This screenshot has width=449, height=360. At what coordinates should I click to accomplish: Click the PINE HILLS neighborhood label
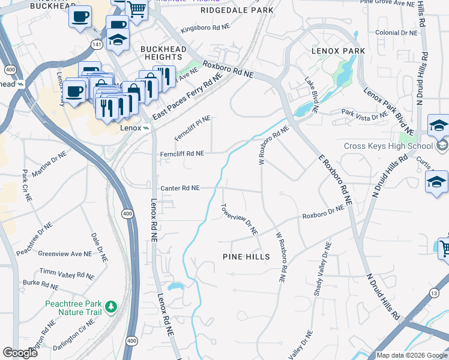[x=246, y=257]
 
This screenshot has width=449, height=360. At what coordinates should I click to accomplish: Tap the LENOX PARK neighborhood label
[x=338, y=51]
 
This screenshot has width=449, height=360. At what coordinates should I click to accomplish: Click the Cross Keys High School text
[x=388, y=146]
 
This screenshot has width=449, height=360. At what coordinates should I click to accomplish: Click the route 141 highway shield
[x=96, y=44]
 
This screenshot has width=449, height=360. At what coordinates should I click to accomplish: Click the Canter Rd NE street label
[x=179, y=188]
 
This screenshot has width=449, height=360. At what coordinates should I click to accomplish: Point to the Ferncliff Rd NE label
[x=182, y=154]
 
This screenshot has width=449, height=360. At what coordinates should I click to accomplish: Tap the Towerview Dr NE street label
[x=239, y=220]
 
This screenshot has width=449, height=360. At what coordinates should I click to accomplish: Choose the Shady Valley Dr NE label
[x=321, y=269]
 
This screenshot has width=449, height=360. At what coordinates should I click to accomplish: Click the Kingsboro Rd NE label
[x=205, y=28]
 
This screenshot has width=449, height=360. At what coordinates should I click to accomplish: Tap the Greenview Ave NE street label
[x=65, y=254]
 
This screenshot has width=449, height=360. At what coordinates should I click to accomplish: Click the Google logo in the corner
[x=20, y=353]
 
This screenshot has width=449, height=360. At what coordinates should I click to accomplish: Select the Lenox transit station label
[x=130, y=128]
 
